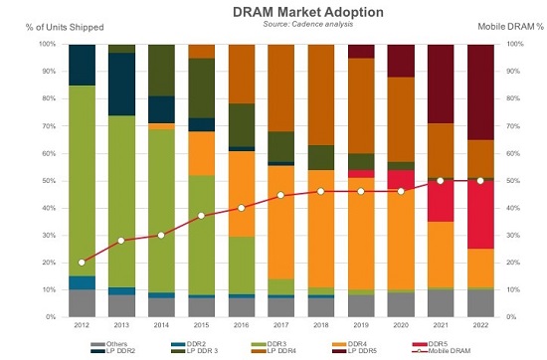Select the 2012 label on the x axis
pyautogui.click(x=83, y=325)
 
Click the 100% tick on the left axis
pyautogui.click(x=47, y=45)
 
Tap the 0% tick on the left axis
pyautogui.click(x=51, y=316)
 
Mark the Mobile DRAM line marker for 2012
pyautogui.click(x=83, y=262)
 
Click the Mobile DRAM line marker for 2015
pyautogui.click(x=203, y=216)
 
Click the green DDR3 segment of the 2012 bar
pyautogui.click(x=83, y=179)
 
